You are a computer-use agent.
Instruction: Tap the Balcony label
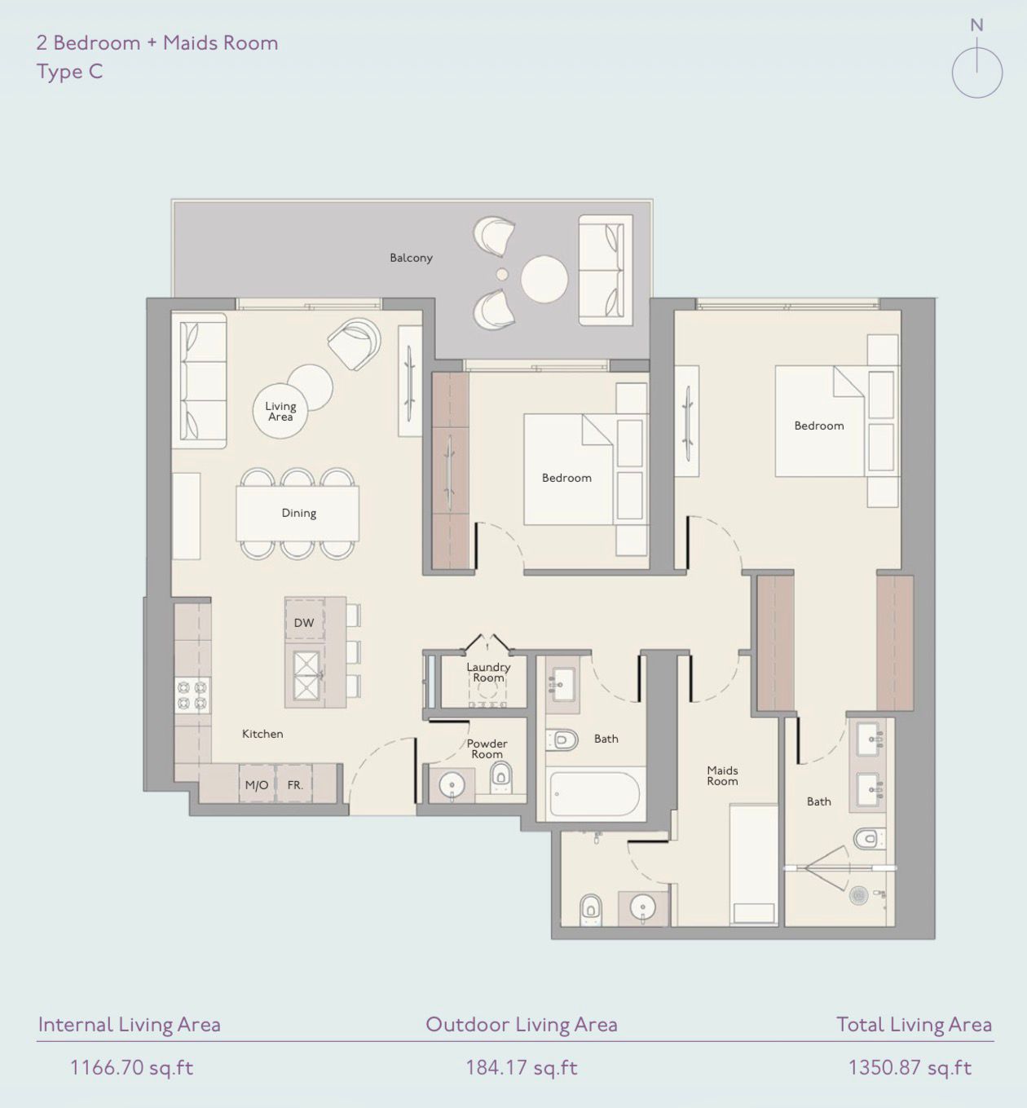tap(411, 258)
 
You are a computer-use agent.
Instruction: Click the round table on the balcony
tap(544, 280)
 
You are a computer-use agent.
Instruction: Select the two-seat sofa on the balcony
tap(606, 270)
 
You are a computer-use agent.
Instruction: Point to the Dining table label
tap(298, 513)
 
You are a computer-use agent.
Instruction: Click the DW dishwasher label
tap(304, 623)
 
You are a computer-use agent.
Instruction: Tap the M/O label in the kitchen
tap(257, 785)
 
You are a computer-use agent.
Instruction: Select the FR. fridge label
tap(295, 785)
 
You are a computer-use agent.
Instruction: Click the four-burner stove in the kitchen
tap(192, 695)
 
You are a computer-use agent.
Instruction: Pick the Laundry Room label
tap(488, 672)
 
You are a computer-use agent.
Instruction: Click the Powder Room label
tap(487, 748)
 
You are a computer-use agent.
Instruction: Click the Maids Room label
tap(722, 775)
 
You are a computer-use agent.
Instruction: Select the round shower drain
tap(858, 895)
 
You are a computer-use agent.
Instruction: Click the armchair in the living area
tap(355, 342)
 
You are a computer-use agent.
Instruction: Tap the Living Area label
tap(280, 411)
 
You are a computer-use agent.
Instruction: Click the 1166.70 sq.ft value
tap(131, 1067)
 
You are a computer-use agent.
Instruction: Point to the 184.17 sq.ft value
tap(521, 1067)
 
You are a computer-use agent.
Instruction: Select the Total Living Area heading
tap(914, 1025)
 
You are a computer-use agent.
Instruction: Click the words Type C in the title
tap(69, 72)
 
